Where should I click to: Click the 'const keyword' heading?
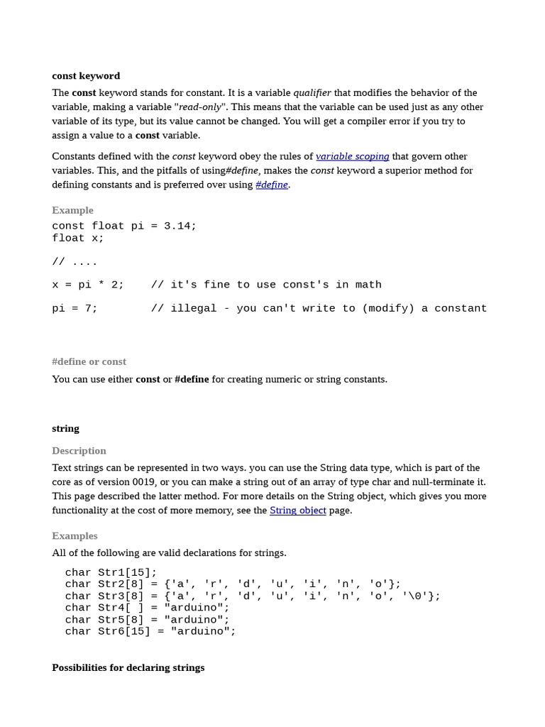[86, 76]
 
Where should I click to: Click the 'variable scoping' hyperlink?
[352, 156]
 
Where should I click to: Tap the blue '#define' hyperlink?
[272, 185]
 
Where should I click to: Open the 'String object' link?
[297, 510]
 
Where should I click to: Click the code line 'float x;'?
[78, 238]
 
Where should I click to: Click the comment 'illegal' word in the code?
[194, 308]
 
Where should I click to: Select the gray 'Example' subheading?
[72, 210]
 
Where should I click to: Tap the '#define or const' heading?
[89, 361]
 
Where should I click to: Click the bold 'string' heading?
[65, 429]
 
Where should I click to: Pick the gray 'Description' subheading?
[79, 451]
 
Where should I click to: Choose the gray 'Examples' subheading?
[75, 536]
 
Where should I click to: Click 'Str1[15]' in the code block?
[124, 572]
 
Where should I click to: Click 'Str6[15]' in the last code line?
[124, 631]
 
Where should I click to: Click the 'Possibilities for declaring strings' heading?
[128, 667]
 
